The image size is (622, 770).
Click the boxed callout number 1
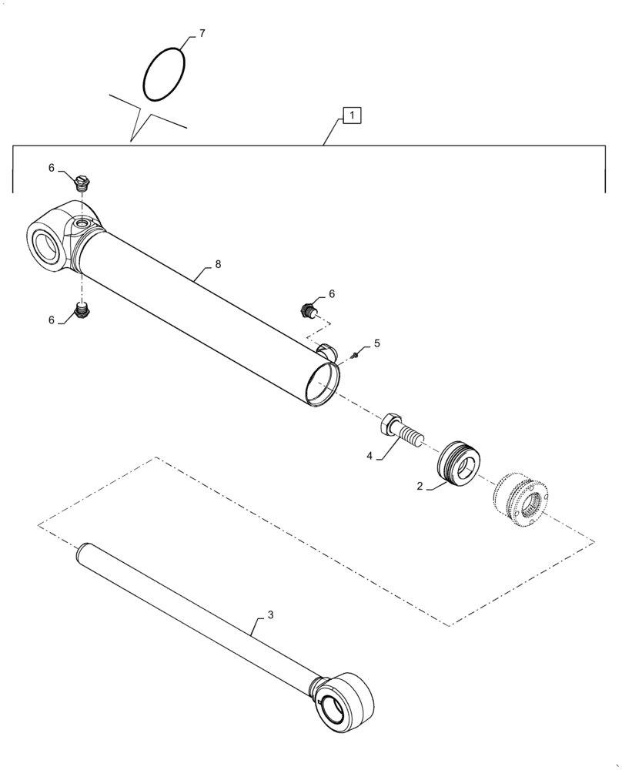351,116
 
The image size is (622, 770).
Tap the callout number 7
202,33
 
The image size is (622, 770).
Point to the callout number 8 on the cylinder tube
218,264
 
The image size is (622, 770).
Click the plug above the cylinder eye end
84,182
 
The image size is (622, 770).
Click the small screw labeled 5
354,354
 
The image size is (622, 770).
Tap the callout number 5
377,343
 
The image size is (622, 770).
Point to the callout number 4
369,456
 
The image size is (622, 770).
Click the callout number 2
420,486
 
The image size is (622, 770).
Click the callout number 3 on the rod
270,614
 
